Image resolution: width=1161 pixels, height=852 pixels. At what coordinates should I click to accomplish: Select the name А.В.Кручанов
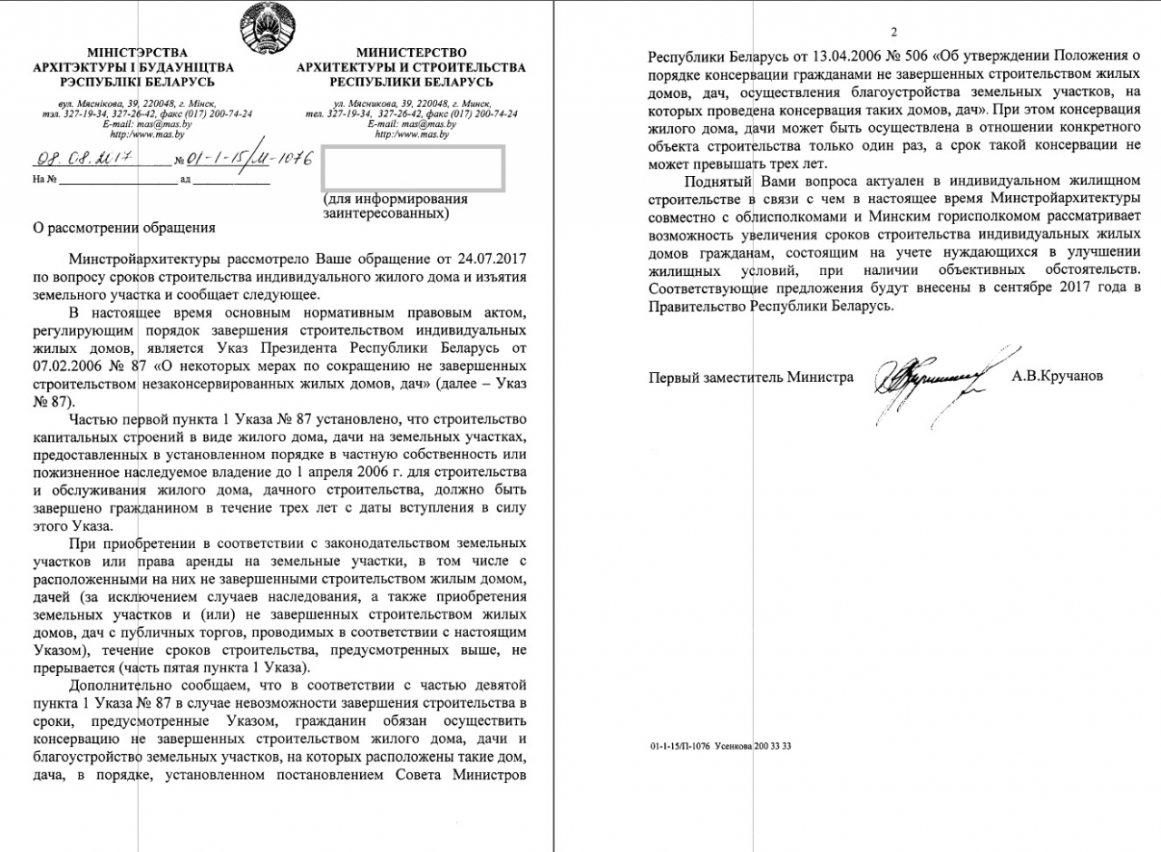click(1058, 376)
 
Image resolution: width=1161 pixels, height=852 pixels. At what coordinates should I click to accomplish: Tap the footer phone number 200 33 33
click(773, 746)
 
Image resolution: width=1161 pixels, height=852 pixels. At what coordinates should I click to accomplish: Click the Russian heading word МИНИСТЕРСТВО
click(412, 54)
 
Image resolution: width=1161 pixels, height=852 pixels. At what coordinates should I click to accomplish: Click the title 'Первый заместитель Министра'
click(751, 377)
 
